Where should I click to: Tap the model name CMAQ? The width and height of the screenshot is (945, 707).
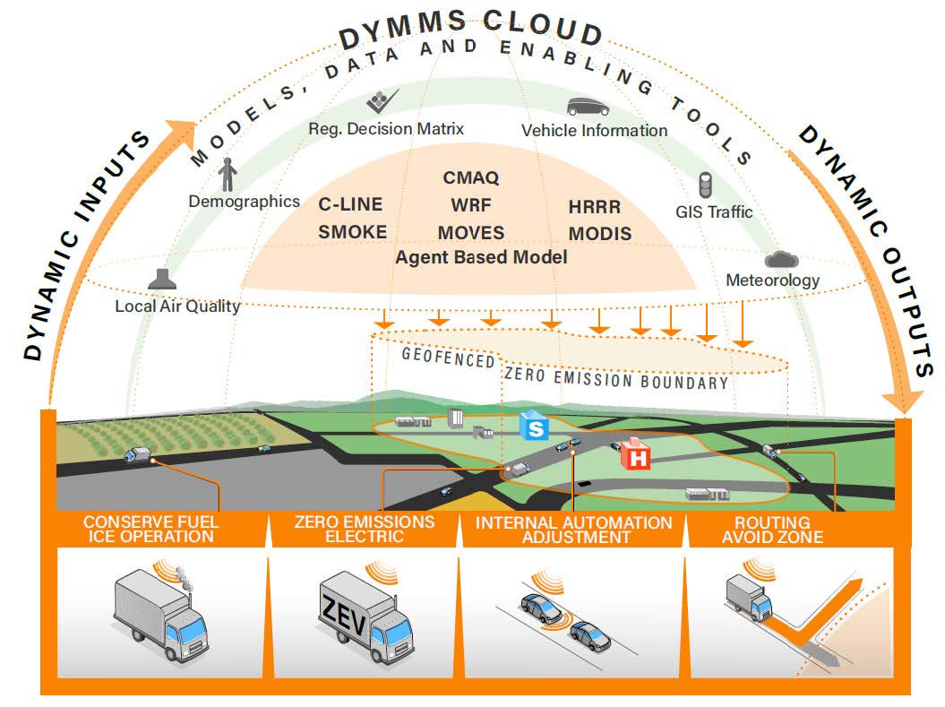click(x=470, y=177)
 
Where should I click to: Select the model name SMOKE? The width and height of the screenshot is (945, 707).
click(x=353, y=232)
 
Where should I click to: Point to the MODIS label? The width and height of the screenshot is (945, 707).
click(x=599, y=234)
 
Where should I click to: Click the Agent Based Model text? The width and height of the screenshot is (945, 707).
click(x=482, y=257)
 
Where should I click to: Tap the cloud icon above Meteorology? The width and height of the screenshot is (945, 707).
click(x=781, y=259)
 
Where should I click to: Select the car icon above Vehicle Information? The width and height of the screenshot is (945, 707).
click(x=588, y=107)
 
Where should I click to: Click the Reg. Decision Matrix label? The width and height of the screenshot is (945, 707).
click(x=386, y=129)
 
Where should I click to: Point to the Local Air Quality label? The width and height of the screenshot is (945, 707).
click(x=177, y=306)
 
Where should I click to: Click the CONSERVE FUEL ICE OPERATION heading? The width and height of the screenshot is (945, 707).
click(x=150, y=530)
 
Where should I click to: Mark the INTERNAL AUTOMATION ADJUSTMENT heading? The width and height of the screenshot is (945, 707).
click(x=573, y=530)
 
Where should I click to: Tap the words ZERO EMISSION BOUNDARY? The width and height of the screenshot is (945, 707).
click(x=616, y=377)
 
